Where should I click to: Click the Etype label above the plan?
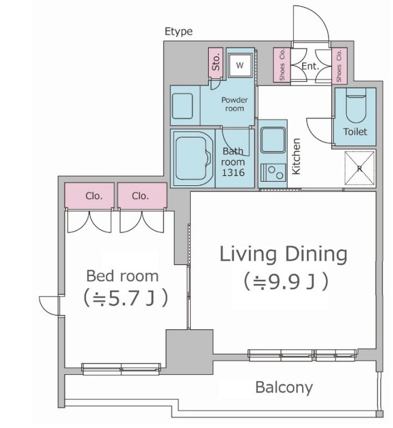(179, 32)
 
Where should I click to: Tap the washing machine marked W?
(240, 65)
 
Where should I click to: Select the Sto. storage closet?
(216, 63)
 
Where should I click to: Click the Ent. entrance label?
(310, 66)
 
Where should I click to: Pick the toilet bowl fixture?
(356, 106)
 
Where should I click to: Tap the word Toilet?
(355, 132)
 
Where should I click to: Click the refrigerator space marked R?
(360, 168)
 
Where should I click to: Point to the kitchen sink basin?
(273, 140)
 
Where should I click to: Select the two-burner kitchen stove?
(273, 173)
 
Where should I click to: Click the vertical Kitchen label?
(296, 157)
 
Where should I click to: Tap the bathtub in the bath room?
(193, 158)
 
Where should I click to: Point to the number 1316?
(233, 173)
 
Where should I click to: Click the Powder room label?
(234, 104)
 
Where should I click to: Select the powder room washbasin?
(182, 106)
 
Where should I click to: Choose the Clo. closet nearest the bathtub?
(142, 195)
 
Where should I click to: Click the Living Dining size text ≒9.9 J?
(286, 282)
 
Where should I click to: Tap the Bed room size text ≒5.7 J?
(125, 298)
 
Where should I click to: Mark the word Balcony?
(284, 387)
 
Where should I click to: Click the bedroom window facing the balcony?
(121, 369)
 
